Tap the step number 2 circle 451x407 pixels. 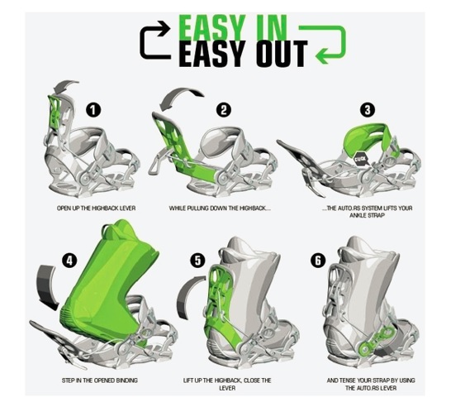[224, 108]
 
